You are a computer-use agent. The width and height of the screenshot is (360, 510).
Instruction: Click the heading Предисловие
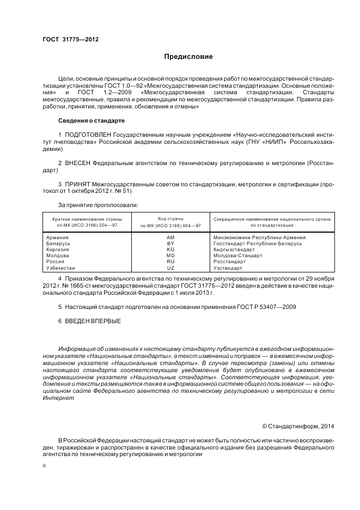click(x=188, y=57)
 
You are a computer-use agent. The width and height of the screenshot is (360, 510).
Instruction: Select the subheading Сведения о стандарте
click(x=91, y=120)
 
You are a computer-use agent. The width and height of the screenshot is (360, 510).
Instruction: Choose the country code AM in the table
click(x=170, y=238)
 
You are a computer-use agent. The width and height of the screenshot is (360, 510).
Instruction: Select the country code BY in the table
click(x=170, y=244)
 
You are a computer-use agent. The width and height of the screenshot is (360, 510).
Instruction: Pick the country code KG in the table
click(x=170, y=250)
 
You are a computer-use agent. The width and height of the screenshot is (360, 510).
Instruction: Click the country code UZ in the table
click(x=170, y=268)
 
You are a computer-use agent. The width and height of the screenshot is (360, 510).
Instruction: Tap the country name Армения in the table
click(x=58, y=238)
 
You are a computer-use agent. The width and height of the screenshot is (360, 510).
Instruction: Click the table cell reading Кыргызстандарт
click(x=234, y=250)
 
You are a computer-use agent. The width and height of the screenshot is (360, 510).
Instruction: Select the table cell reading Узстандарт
click(x=228, y=268)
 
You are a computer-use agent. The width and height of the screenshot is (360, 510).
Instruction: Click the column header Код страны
click(x=170, y=218)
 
